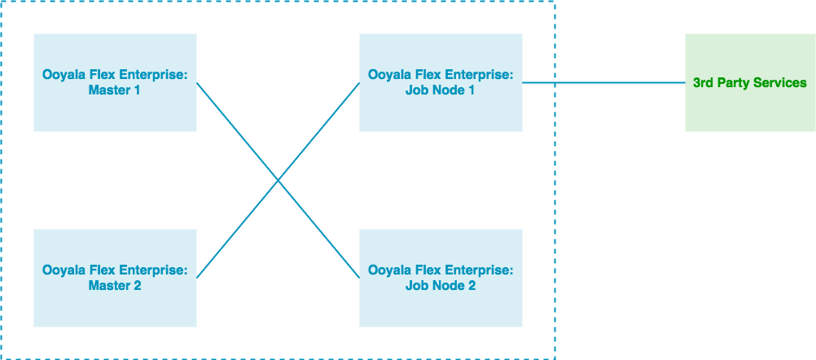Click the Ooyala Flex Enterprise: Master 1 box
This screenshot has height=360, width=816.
[x=115, y=82]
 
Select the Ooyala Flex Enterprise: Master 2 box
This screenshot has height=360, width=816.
[x=115, y=278]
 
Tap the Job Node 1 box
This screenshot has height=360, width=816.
[x=441, y=82]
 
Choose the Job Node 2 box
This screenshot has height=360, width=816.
[x=441, y=278]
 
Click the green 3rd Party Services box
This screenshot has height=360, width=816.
[x=750, y=82]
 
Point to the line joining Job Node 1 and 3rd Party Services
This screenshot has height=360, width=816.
[x=603, y=82]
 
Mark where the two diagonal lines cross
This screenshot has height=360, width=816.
[x=278, y=180]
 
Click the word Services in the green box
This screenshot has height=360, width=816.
[x=781, y=82]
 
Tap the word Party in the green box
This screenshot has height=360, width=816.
[x=735, y=82]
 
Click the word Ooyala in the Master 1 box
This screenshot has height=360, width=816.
[x=62, y=75]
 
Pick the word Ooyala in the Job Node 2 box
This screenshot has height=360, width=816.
[x=388, y=270]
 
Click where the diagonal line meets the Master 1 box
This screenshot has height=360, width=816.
[x=197, y=83]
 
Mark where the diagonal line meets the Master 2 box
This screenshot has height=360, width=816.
[x=197, y=277]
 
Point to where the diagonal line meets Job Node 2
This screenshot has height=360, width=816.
[x=358, y=277]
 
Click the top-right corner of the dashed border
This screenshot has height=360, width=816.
[x=555, y=2]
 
